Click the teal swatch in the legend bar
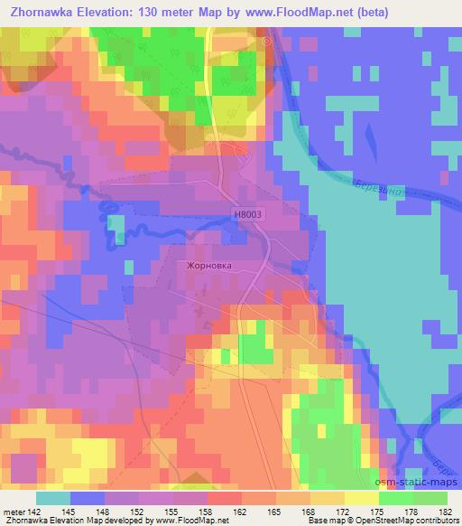pos(53,499)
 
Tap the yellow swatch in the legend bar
pos(362,499)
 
